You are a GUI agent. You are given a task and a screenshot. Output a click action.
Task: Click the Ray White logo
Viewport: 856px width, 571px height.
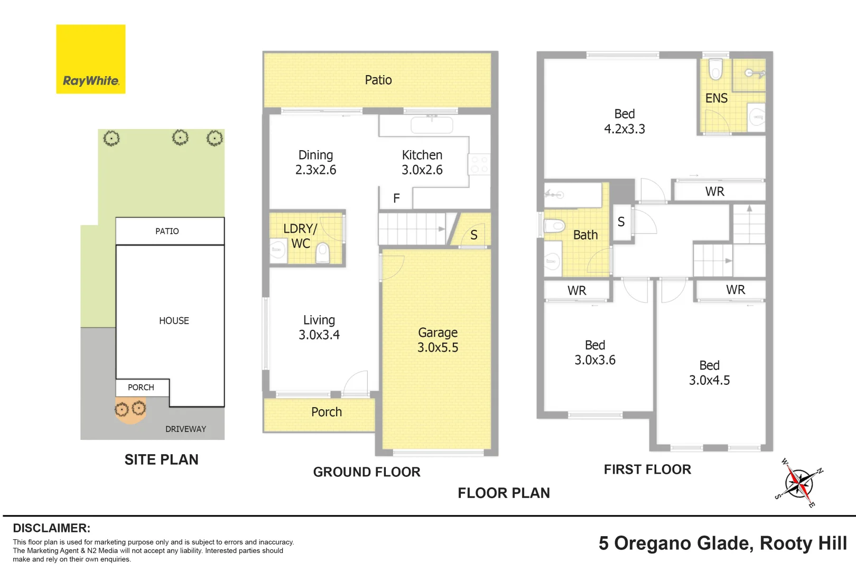tap(90, 59)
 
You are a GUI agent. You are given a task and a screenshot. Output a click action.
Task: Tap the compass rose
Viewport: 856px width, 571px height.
tap(799, 483)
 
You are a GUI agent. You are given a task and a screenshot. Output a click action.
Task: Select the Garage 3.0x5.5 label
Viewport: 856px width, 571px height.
tap(438, 339)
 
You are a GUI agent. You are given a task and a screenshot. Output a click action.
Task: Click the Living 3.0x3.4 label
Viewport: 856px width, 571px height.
tap(319, 327)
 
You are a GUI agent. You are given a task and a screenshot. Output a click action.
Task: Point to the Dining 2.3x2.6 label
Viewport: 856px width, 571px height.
tap(315, 162)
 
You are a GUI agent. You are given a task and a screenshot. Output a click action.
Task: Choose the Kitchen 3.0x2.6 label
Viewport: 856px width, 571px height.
tap(422, 162)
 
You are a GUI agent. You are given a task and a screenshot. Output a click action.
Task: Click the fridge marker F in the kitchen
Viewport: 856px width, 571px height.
tap(396, 198)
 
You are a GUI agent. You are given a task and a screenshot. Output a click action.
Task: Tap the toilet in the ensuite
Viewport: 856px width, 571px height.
tap(715, 69)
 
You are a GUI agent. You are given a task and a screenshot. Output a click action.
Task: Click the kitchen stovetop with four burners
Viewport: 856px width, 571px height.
tap(479, 164)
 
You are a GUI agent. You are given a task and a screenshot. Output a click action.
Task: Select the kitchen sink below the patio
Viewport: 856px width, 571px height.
tap(432, 125)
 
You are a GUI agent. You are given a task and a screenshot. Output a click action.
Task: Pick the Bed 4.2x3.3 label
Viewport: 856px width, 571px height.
tap(625, 121)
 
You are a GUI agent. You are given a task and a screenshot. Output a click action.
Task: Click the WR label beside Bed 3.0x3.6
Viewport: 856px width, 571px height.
tap(576, 291)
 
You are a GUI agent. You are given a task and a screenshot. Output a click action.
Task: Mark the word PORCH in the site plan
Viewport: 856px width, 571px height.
tap(141, 388)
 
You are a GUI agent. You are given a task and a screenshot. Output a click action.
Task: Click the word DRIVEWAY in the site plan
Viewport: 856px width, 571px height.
tap(185, 429)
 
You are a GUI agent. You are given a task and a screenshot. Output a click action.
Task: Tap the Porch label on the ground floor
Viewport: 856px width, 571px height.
tap(327, 412)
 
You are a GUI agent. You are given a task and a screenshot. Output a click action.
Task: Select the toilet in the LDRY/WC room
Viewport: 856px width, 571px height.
tap(323, 253)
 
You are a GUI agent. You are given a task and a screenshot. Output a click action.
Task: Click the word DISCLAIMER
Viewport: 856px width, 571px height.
tap(52, 528)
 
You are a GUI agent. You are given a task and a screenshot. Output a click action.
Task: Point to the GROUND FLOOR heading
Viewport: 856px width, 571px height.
tap(367, 472)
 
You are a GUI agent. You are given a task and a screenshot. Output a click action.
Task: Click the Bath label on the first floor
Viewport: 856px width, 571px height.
tap(585, 235)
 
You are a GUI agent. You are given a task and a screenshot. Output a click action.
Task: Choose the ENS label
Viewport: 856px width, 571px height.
tap(717, 98)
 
